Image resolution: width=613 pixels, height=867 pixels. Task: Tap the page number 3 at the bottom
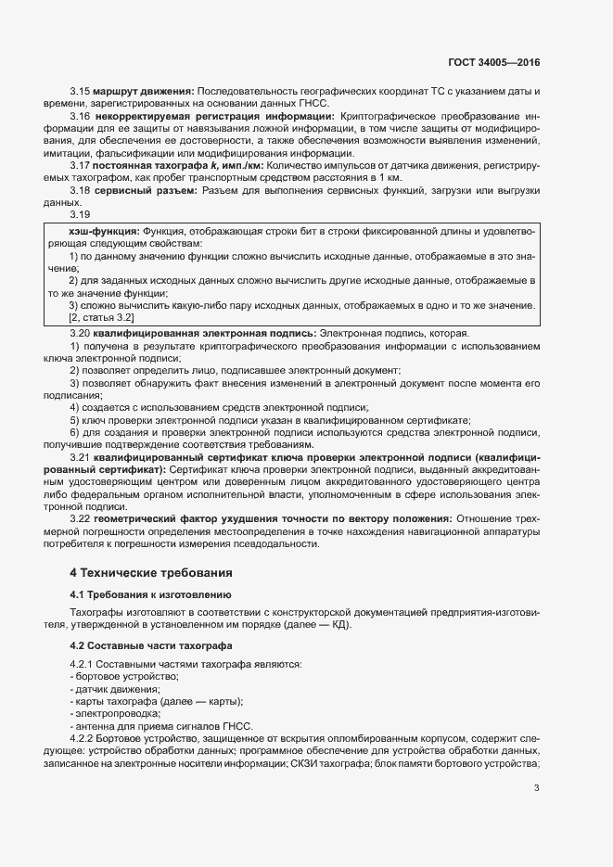(537, 788)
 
